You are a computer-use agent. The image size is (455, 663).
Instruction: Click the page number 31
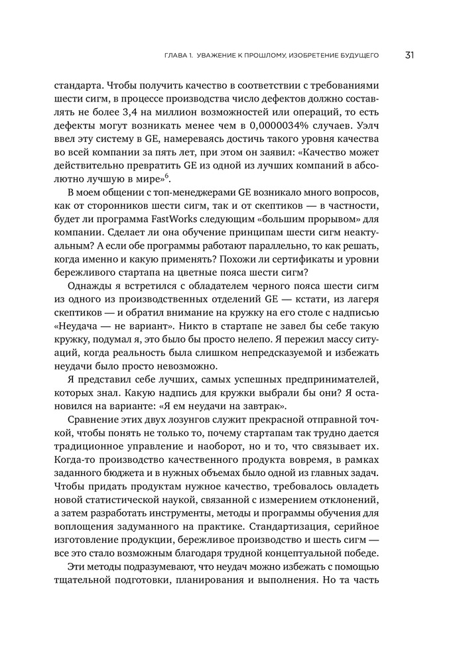(409, 55)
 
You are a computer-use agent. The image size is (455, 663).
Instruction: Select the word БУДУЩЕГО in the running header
(356, 56)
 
